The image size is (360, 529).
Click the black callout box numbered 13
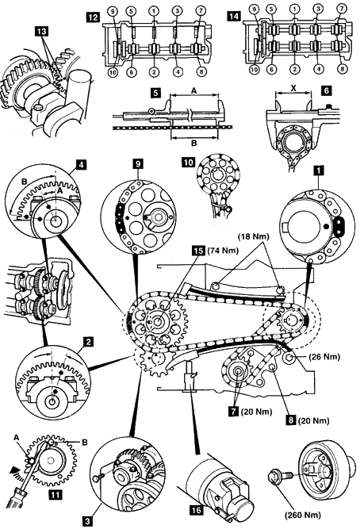pyautogui.click(x=42, y=32)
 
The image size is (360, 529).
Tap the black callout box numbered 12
pyautogui.click(x=93, y=16)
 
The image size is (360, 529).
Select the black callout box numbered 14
pyautogui.click(x=233, y=16)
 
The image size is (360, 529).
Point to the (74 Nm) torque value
pyautogui.click(x=223, y=251)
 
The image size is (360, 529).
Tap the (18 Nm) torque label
pyautogui.click(x=254, y=236)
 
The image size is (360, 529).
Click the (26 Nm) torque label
pyautogui.click(x=324, y=356)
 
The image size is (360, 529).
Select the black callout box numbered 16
pyautogui.click(x=196, y=511)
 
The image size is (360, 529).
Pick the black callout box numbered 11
pyautogui.click(x=55, y=495)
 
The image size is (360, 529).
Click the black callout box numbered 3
pyautogui.click(x=87, y=521)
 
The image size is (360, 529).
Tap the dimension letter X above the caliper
pyautogui.click(x=293, y=88)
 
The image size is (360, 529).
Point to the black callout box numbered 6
pyautogui.click(x=326, y=90)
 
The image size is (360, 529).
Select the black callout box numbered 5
pyautogui.click(x=155, y=93)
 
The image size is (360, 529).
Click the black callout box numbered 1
pyautogui.click(x=318, y=171)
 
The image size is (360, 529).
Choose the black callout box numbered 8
pyautogui.click(x=291, y=420)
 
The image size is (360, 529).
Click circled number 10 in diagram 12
pyautogui.click(x=113, y=71)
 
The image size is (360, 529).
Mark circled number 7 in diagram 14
pyautogui.click(x=342, y=8)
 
